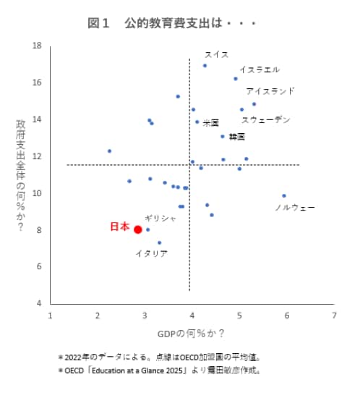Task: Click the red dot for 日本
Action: (x=137, y=229)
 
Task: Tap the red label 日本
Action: (x=119, y=226)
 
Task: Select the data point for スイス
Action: (x=205, y=66)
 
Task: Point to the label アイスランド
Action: (x=270, y=91)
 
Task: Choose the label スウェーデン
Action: (x=265, y=119)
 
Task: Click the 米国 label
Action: (x=210, y=123)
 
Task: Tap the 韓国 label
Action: (x=236, y=136)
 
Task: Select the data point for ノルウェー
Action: (x=284, y=195)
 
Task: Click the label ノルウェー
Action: (x=294, y=208)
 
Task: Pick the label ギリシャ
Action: (x=160, y=218)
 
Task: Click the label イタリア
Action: (x=152, y=254)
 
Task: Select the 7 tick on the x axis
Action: (x=334, y=316)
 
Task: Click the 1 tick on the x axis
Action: (x=50, y=316)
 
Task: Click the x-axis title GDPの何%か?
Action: (x=191, y=334)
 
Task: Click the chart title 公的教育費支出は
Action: (x=172, y=23)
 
